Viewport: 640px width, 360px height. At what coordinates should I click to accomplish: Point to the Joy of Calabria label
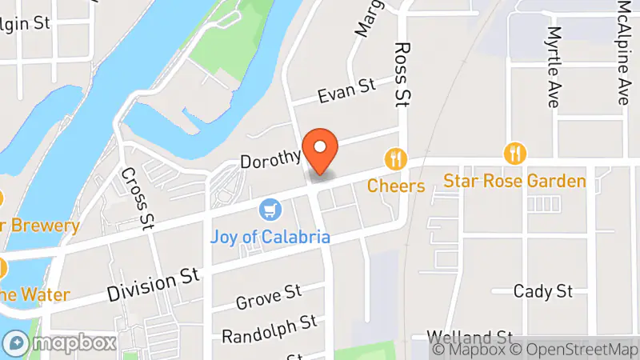click(270, 238)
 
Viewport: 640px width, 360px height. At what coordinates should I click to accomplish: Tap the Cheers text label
click(396, 186)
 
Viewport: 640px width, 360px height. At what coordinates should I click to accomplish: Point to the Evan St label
click(346, 94)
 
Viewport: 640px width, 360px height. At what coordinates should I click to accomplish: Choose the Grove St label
click(268, 298)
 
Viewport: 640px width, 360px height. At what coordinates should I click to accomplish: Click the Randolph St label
click(269, 328)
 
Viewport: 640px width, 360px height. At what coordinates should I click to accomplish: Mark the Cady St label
click(543, 290)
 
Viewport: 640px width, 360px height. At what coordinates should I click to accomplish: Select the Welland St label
click(470, 335)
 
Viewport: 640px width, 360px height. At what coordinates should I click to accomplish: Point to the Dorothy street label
click(270, 158)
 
